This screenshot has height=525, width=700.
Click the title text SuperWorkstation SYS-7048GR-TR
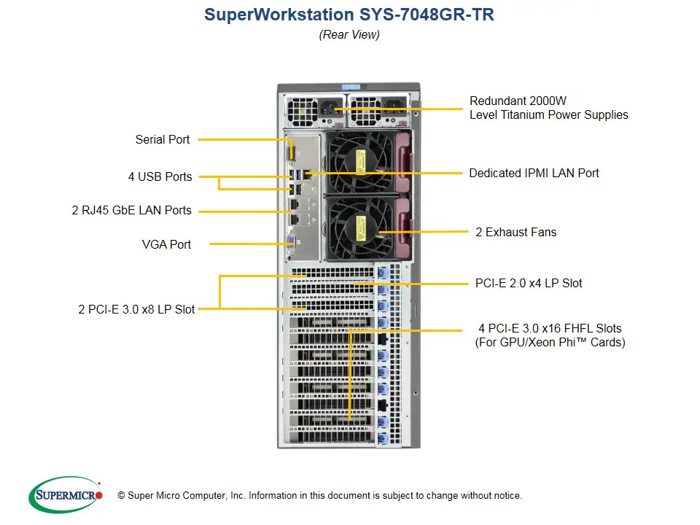349,15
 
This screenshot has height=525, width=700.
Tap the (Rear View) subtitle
349,34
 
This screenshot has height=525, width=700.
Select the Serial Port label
163,139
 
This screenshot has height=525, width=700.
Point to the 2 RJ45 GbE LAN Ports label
132,210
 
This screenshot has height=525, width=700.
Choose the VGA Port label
166,244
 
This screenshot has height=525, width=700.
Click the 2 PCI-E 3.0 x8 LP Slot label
136,309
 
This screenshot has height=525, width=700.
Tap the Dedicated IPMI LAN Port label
534,173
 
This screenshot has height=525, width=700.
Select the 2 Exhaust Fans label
516,232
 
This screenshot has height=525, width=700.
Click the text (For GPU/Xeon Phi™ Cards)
550,342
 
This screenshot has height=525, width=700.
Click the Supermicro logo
66,494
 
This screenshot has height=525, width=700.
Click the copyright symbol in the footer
122,496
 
